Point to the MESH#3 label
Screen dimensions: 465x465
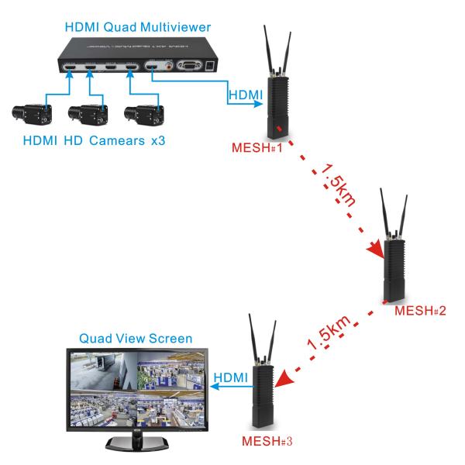[x=266, y=443]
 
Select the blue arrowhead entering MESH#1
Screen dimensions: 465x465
[x=263, y=102]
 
